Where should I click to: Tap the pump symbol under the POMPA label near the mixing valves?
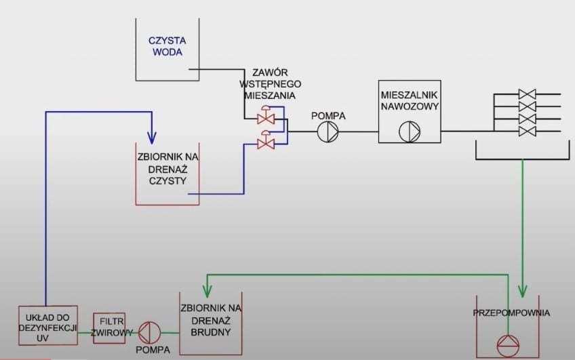pyautogui.click(x=328, y=131)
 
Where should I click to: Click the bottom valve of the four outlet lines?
pyautogui.click(x=527, y=130)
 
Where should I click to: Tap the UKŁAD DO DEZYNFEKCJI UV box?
pyautogui.click(x=48, y=324)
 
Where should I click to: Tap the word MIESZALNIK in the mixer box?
pyautogui.click(x=409, y=94)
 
